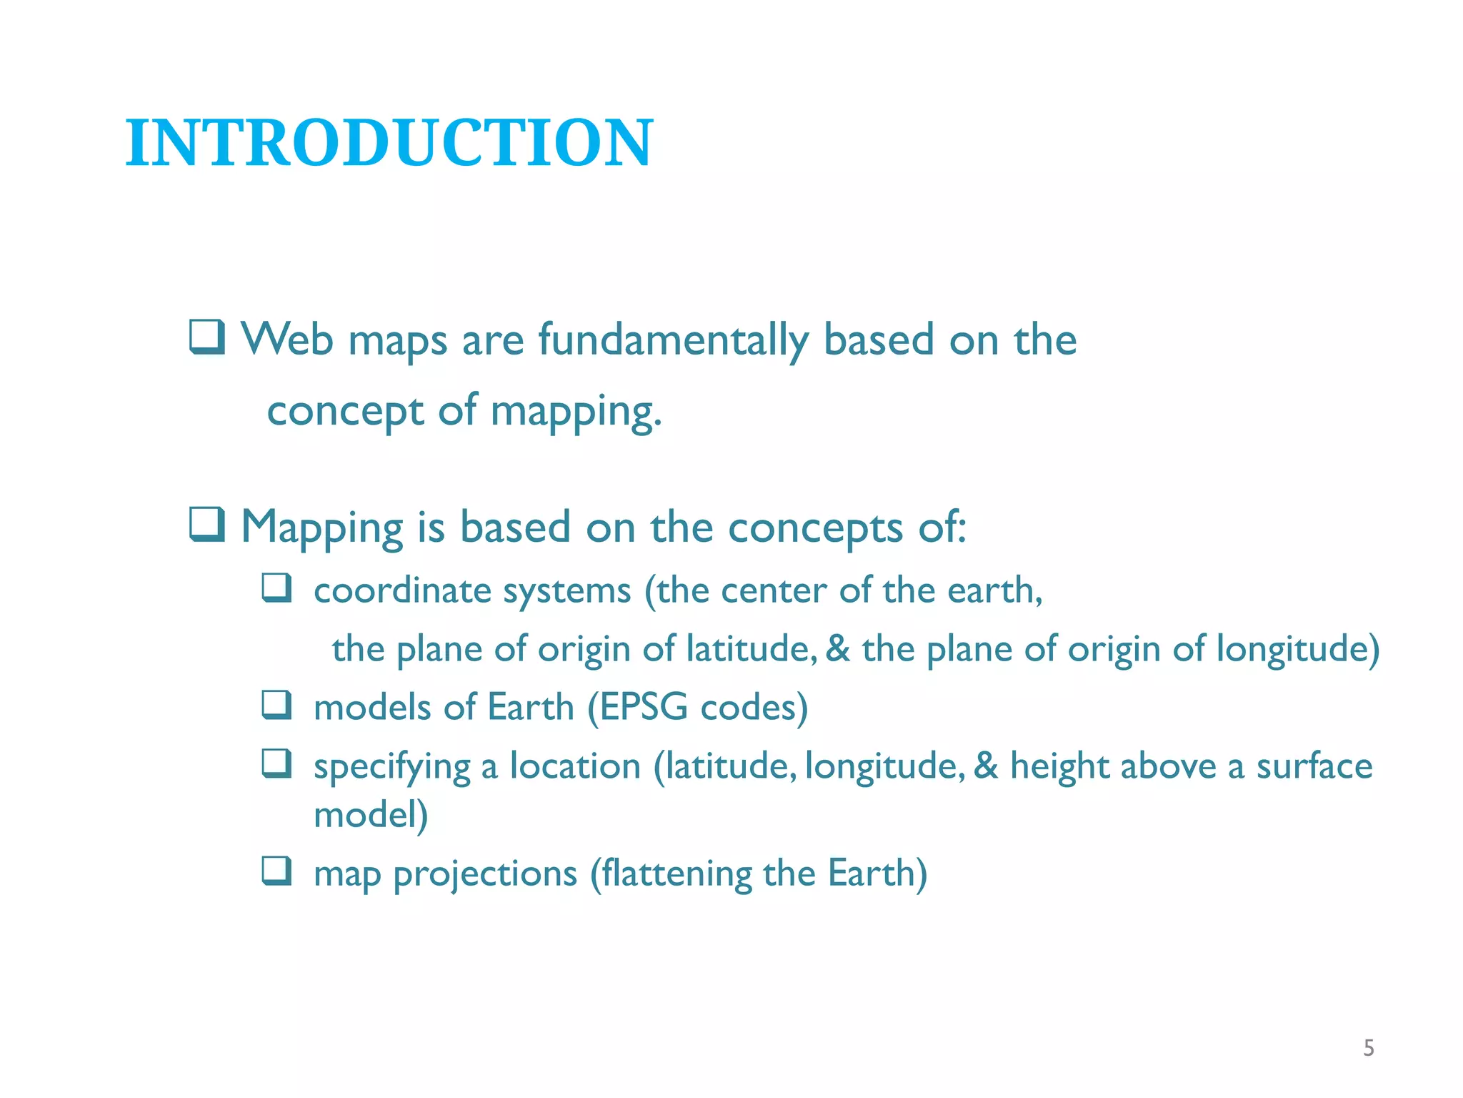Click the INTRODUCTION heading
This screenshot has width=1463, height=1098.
pyautogui.click(x=389, y=143)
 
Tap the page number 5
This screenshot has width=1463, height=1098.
pyautogui.click(x=1368, y=1048)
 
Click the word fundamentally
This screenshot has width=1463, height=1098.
pyautogui.click(x=673, y=340)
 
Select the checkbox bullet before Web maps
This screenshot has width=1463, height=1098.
pyautogui.click(x=207, y=337)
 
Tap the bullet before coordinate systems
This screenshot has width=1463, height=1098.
pyautogui.click(x=276, y=588)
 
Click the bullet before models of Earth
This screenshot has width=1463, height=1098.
pyautogui.click(x=276, y=705)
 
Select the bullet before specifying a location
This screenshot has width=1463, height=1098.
pyautogui.click(x=276, y=763)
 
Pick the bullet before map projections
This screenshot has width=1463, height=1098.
pyautogui.click(x=276, y=871)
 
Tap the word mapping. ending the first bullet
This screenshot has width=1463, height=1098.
pyautogui.click(x=576, y=413)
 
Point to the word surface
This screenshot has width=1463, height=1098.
pyautogui.click(x=1314, y=766)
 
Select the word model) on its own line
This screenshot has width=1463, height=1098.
pyautogui.click(x=371, y=815)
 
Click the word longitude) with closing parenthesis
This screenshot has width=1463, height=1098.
pyautogui.click(x=1297, y=650)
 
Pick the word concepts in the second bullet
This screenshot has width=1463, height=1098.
pyautogui.click(x=815, y=529)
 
